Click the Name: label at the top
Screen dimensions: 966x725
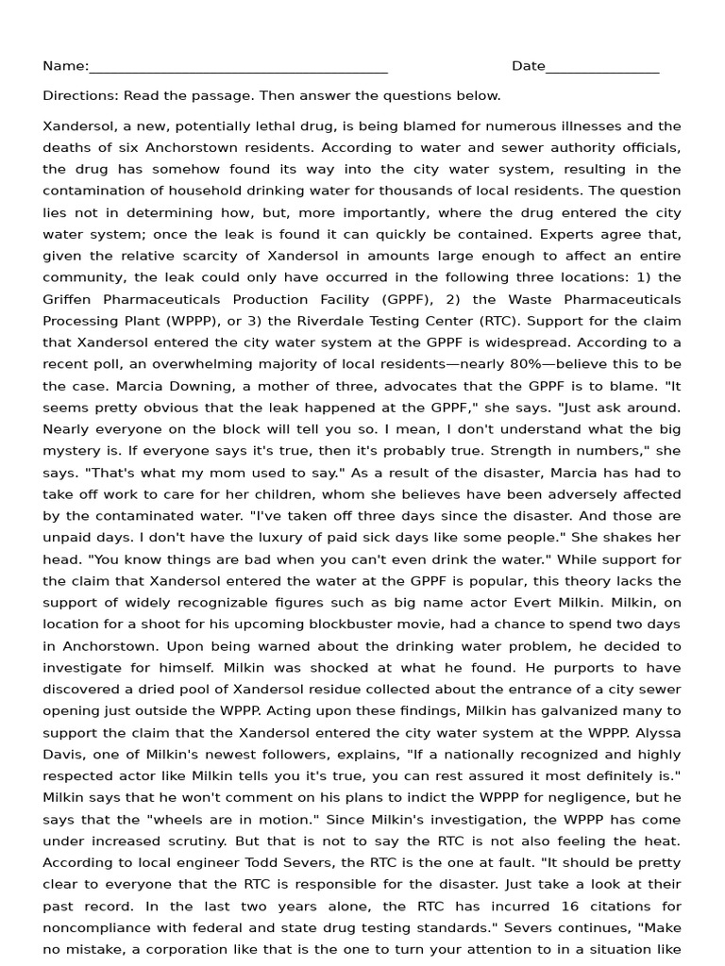point(65,66)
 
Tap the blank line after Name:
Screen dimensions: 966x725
point(238,68)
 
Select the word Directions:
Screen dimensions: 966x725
point(75,95)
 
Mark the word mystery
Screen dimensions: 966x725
point(71,451)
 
